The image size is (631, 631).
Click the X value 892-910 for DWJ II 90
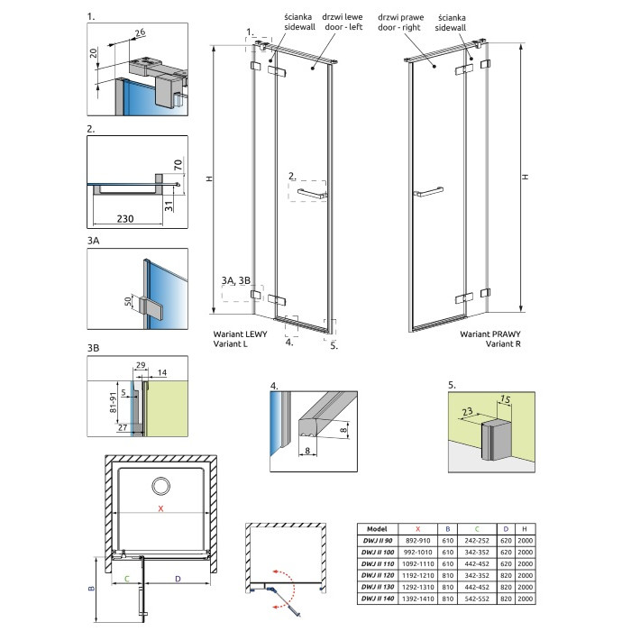pyautogui.click(x=417, y=541)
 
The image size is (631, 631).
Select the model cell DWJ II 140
pyautogui.click(x=378, y=599)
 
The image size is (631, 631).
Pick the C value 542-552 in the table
pyautogui.click(x=477, y=599)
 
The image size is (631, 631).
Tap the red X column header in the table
pyautogui.click(x=417, y=529)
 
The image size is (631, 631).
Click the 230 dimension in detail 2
pyautogui.click(x=125, y=218)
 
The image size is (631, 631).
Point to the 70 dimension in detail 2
pyautogui.click(x=178, y=165)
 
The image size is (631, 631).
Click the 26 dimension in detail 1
pyautogui.click(x=140, y=32)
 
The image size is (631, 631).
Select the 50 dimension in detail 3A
pyautogui.click(x=128, y=301)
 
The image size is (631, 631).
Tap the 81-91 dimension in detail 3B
pyautogui.click(x=113, y=402)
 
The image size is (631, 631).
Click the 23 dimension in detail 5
pyautogui.click(x=467, y=412)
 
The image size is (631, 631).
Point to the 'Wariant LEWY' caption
pyautogui.click(x=241, y=334)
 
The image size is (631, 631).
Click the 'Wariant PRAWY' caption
pyautogui.click(x=490, y=334)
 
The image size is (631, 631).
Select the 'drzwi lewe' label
pyautogui.click(x=342, y=17)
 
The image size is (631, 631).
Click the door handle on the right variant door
pyautogui.click(x=428, y=191)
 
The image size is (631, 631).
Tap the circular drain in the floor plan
pyautogui.click(x=161, y=486)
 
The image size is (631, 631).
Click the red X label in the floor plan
pyautogui.click(x=161, y=508)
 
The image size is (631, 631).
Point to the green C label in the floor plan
pyautogui.click(x=127, y=579)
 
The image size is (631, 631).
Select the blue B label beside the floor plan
pyautogui.click(x=91, y=589)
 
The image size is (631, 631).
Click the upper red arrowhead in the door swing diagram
pyautogui.click(x=276, y=572)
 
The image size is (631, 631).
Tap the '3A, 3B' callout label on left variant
pyautogui.click(x=236, y=280)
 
